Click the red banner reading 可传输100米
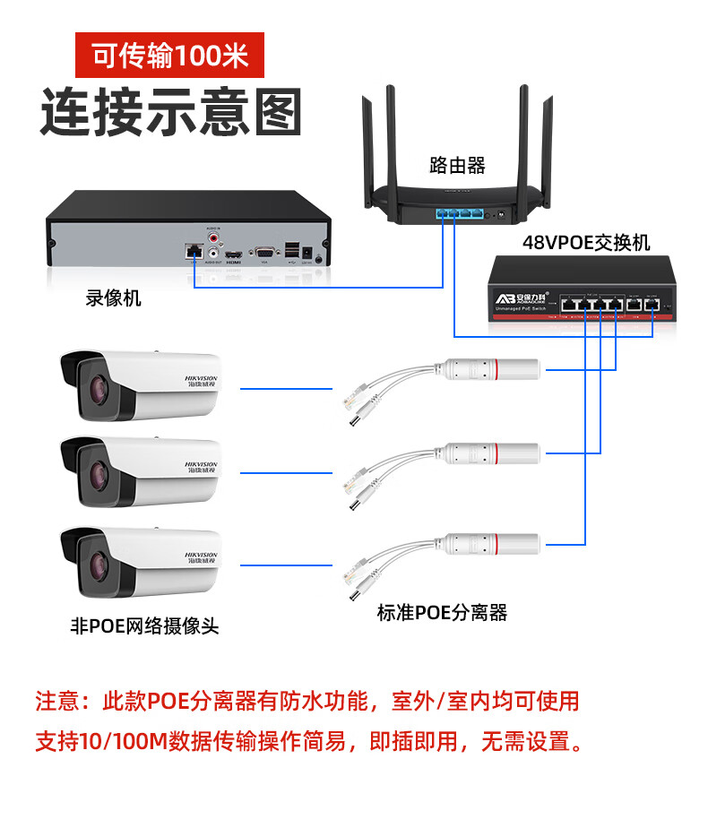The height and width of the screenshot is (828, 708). point(169,56)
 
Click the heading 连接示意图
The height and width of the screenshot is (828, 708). point(170,112)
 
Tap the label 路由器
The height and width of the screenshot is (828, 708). point(457,165)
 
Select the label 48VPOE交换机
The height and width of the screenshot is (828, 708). point(586,243)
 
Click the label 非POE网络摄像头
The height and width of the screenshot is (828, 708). point(144,626)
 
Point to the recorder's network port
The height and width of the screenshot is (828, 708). point(192,251)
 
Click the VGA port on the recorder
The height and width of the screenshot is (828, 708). point(264,254)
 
